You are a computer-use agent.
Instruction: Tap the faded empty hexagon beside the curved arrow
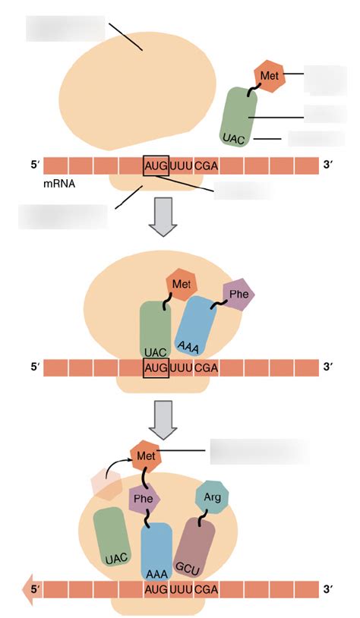click(103, 482)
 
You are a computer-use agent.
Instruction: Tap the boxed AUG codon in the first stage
click(155, 166)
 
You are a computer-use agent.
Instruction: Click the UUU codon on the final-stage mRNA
click(181, 588)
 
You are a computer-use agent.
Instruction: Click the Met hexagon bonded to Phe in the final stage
click(144, 456)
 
